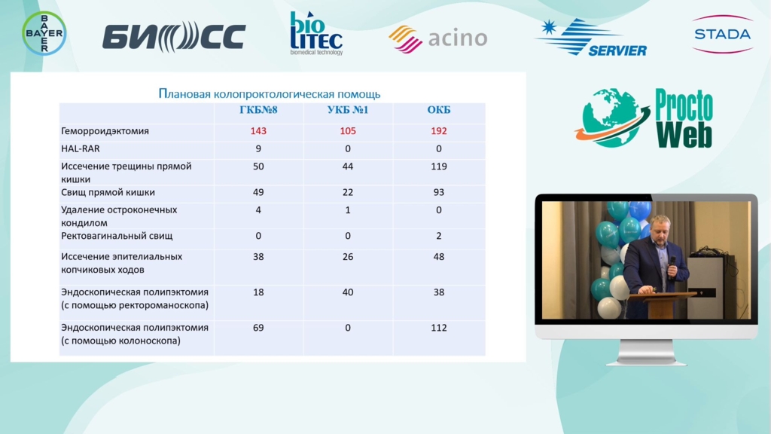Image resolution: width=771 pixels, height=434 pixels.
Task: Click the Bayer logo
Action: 44,33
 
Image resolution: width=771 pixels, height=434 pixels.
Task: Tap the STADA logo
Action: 722,34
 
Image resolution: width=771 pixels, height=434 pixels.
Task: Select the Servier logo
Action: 590,38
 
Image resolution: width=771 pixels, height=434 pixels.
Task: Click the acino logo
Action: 437,38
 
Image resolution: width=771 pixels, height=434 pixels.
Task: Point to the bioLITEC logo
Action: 316,33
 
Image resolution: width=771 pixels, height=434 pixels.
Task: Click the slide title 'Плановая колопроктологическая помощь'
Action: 270,93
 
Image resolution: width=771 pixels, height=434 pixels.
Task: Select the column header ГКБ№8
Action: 258,110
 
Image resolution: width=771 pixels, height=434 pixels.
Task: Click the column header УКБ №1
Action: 348,110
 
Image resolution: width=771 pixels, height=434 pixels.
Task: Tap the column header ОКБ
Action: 439,110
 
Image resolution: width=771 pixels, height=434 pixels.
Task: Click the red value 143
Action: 258,131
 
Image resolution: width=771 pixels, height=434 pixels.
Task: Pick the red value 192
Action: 439,131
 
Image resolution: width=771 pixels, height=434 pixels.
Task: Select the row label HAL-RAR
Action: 80,148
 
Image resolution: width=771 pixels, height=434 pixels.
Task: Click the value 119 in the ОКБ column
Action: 439,167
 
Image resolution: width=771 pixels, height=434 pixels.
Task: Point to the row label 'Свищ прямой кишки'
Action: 108,192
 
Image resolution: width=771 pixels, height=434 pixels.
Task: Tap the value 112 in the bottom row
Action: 439,328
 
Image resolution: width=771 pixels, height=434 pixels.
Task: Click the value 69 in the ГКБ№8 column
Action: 258,328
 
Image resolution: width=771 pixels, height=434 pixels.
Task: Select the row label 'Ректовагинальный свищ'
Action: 117,236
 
